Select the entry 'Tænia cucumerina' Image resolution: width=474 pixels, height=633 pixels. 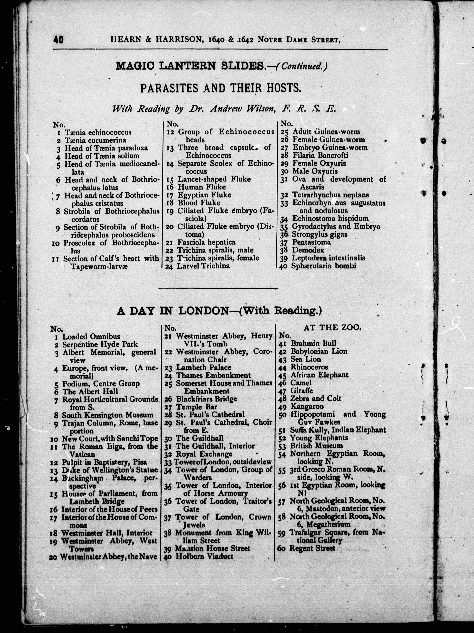[x=95, y=140]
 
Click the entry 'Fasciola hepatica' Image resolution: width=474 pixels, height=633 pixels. [x=206, y=242]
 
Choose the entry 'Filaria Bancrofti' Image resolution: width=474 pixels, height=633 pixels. [x=320, y=155]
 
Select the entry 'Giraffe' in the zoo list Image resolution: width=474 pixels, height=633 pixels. [x=302, y=391]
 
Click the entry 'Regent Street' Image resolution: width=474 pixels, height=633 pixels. [x=312, y=548]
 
